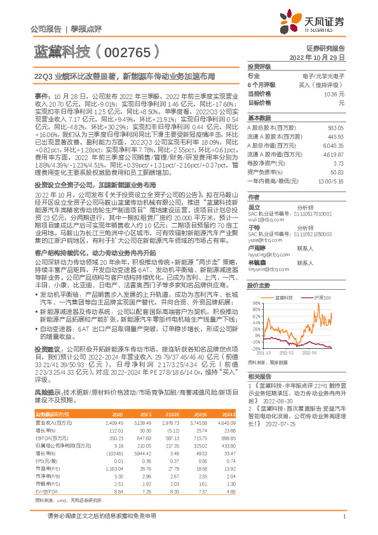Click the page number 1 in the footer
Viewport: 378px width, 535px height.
point(344,523)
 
